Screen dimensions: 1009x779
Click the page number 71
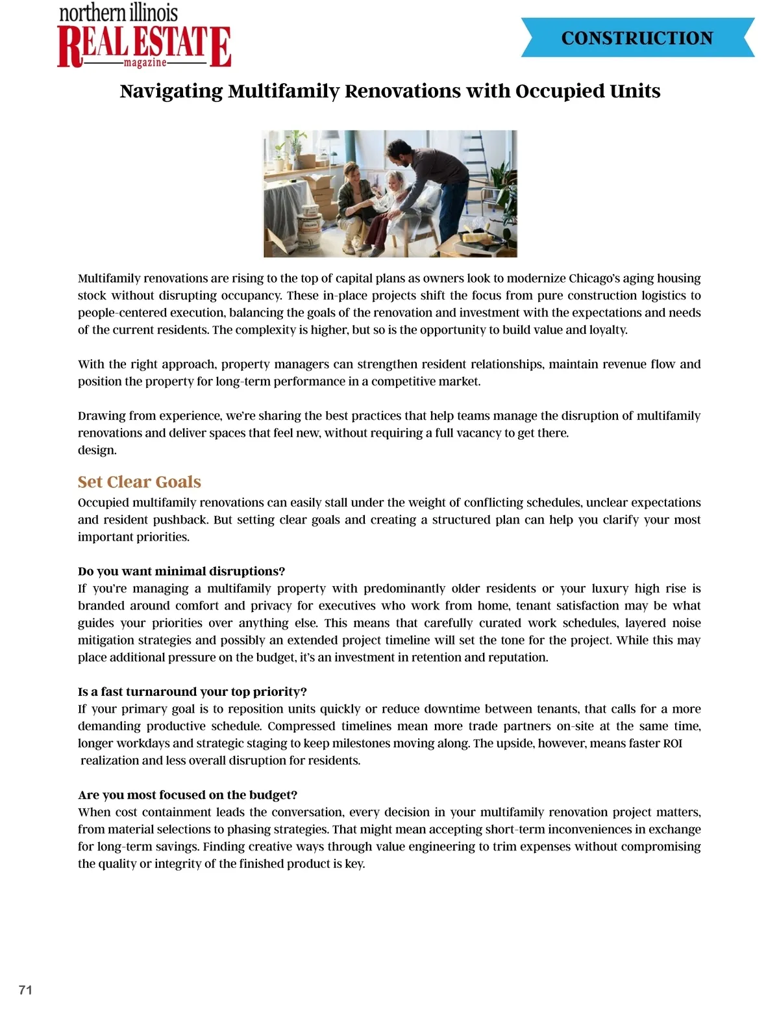(25, 990)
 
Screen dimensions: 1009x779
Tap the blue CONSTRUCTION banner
(637, 38)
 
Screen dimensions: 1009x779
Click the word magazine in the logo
(145, 63)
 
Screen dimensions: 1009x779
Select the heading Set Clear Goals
(139, 481)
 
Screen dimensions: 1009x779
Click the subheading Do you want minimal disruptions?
(181, 571)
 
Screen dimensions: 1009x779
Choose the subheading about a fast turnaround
(192, 691)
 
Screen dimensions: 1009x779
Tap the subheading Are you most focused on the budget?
(188, 795)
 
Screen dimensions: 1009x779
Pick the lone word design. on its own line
(97, 450)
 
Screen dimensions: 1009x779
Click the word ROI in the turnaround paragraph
(673, 743)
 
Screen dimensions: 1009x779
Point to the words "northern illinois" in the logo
(118, 13)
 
